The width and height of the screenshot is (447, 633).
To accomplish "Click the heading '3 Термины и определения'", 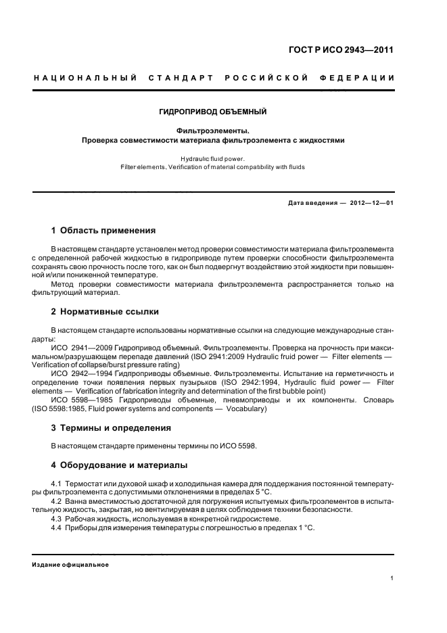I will pos(111,427).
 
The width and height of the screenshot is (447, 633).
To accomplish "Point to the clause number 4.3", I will pos(57,518).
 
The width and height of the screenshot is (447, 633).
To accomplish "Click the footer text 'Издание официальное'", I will pos(70,564).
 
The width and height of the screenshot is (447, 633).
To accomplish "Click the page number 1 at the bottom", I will pos(392,578).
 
